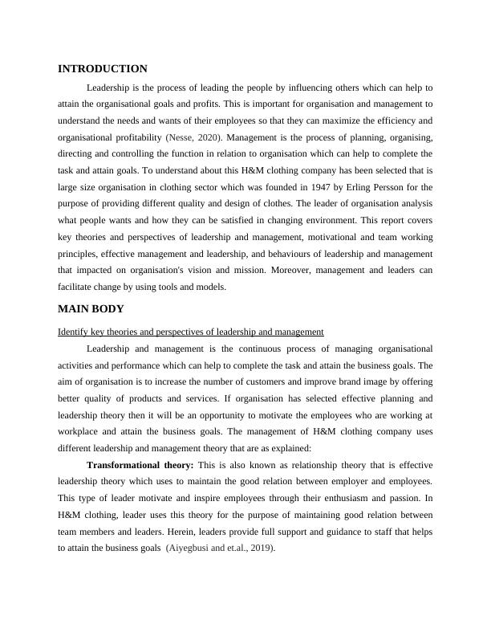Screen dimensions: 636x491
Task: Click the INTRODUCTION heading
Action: [103, 69]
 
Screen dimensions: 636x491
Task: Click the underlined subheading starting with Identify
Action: [191, 331]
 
